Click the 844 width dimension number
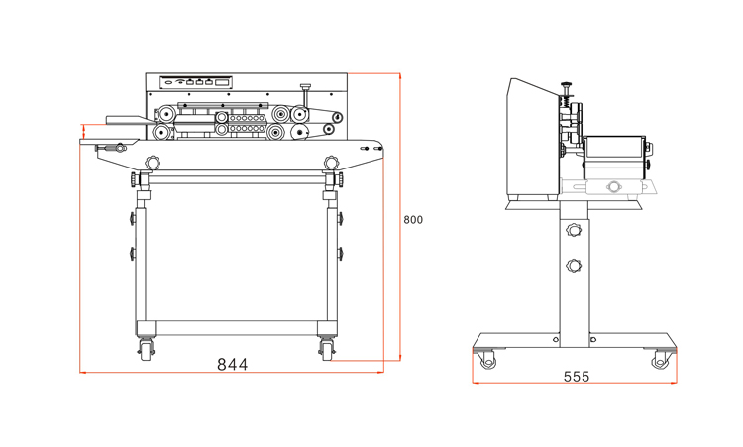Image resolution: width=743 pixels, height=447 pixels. coord(232,364)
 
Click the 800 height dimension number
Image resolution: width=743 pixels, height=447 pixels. coord(413,220)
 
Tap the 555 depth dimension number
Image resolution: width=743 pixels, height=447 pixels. coord(577,377)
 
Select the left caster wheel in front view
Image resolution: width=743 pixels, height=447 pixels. coord(146,351)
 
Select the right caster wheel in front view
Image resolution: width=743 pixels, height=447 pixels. coord(327,351)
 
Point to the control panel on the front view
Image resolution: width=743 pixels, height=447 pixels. coord(196,82)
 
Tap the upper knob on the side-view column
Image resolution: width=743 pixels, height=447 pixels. coord(574,230)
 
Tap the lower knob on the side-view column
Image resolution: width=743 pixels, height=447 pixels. coord(574,266)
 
